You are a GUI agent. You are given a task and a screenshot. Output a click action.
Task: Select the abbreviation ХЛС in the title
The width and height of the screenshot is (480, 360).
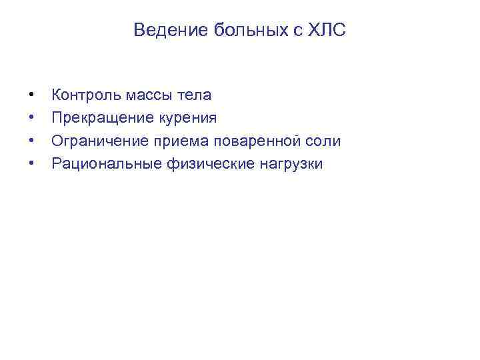(327, 30)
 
